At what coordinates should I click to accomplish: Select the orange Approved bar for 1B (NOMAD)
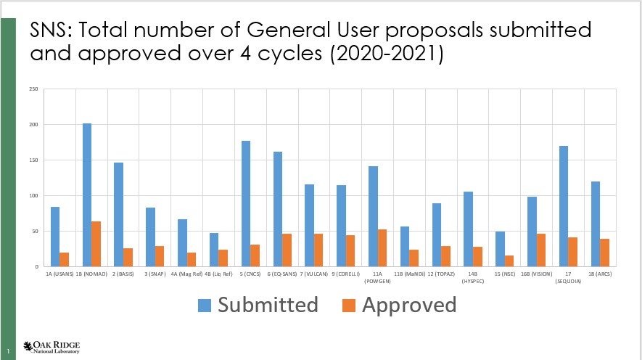96,244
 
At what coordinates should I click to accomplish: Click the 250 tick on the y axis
33,89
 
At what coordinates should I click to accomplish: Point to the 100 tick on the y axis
33,196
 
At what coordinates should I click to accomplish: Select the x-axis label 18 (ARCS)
600,275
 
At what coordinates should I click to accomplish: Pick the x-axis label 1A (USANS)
59,275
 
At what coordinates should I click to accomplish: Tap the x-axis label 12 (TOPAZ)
441,275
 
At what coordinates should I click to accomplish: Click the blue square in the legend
207,306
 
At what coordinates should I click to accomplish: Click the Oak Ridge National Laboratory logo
52,346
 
